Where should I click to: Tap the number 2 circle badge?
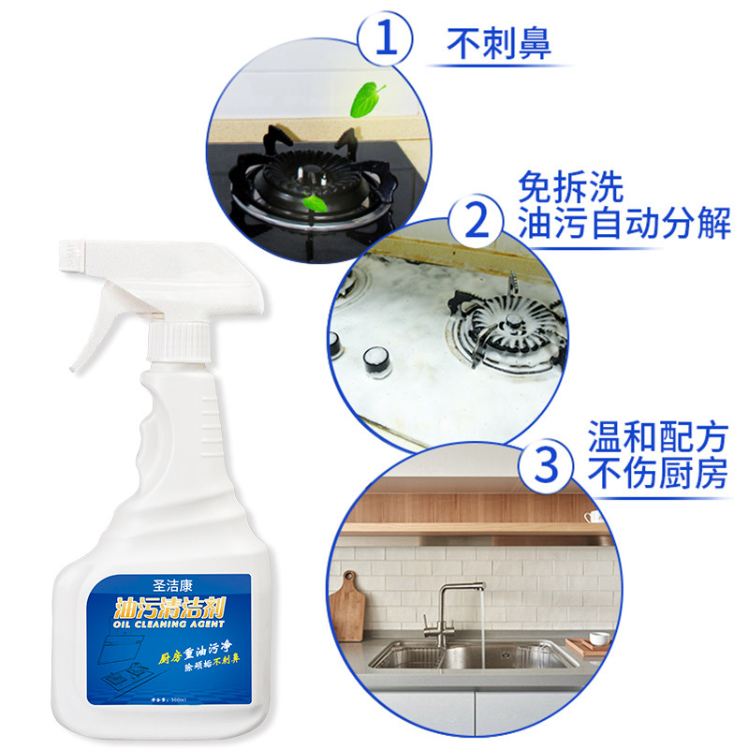[477, 222]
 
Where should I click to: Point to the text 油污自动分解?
[623, 226]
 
